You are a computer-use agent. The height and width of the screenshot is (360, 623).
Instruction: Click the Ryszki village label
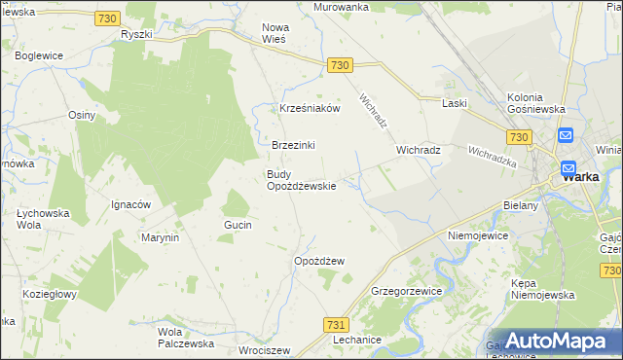[137, 35]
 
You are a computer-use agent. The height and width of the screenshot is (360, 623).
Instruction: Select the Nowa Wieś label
[280, 34]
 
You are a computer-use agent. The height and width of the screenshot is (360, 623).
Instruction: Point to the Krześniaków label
[310, 108]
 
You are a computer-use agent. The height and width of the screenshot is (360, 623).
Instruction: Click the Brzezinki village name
[293, 145]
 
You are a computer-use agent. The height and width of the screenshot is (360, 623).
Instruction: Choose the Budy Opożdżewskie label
[302, 180]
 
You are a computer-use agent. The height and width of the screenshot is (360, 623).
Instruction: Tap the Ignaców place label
[130, 204]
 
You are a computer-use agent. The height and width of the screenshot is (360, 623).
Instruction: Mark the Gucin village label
[238, 225]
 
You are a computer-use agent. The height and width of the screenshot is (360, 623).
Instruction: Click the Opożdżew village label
[319, 261]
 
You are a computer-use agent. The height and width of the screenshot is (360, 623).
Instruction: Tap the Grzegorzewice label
[408, 291]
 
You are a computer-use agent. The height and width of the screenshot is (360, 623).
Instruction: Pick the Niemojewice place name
[480, 235]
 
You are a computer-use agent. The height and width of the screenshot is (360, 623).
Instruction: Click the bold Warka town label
[580, 177]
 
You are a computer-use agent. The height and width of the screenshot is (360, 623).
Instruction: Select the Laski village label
[455, 103]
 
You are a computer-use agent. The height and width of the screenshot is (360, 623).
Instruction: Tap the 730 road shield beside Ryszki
[108, 18]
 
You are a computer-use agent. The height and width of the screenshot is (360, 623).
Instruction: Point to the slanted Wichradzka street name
[492, 157]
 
